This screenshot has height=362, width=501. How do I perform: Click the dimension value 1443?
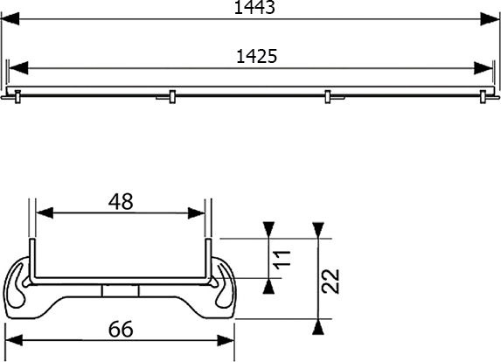(x=250, y=9)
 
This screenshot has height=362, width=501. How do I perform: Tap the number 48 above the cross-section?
(x=121, y=201)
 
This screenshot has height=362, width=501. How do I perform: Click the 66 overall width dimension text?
(x=121, y=330)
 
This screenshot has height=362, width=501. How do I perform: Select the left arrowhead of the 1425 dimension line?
(x=17, y=67)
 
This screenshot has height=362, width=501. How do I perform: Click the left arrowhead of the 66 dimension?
(x=13, y=342)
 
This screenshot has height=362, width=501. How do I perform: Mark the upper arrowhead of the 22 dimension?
(x=320, y=230)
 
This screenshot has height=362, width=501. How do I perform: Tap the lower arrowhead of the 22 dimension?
(x=320, y=325)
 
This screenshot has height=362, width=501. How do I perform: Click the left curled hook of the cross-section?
(x=19, y=284)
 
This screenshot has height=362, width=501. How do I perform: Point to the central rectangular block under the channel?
(x=121, y=290)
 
